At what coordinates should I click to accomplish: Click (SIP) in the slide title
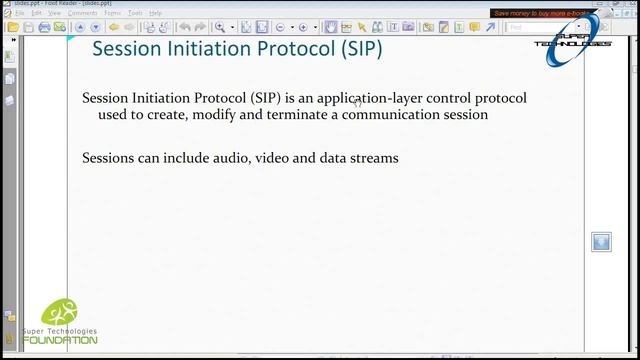pyautogui.click(x=358, y=49)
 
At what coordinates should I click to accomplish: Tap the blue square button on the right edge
pyautogui.click(x=601, y=242)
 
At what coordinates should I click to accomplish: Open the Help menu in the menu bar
pyautogui.click(x=155, y=13)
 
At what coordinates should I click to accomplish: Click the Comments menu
pyautogui.click(x=82, y=13)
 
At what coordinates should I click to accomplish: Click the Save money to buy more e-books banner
pyautogui.click(x=541, y=14)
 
